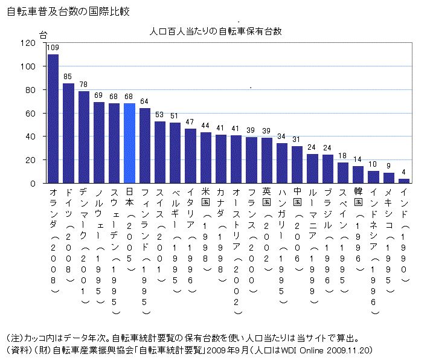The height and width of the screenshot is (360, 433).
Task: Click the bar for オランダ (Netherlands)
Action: coord(53,119)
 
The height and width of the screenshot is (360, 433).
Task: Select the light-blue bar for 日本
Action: coord(129,143)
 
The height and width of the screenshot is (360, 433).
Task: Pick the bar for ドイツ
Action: coord(68,133)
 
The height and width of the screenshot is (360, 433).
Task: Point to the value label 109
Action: coord(53,48)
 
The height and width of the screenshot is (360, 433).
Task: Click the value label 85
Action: coord(68,77)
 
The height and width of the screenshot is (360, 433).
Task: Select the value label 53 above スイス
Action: coord(159,114)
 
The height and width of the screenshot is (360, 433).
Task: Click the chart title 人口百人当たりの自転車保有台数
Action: coord(216,30)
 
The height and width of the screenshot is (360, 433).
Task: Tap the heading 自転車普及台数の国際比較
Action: coord(68,11)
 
